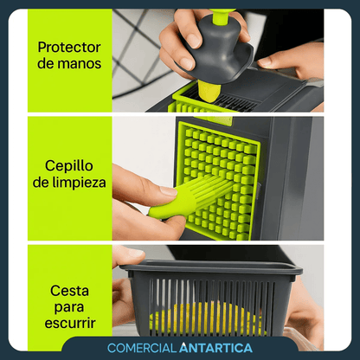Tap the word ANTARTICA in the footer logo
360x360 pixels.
215,348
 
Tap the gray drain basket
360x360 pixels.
212,299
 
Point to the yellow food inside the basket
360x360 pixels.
208,318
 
